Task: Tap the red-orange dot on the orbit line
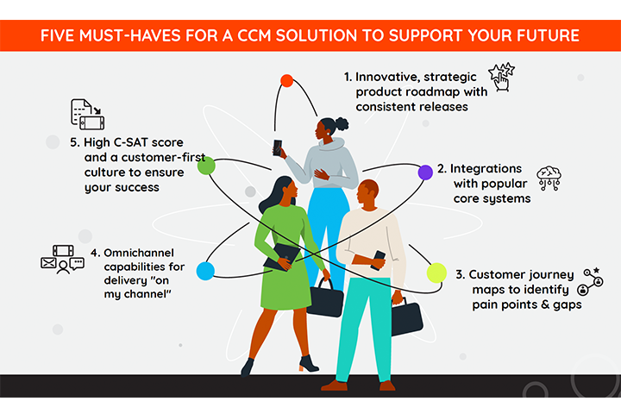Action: pos(286,81)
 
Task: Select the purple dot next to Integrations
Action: pos(424,172)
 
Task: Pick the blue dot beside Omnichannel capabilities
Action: pos(205,272)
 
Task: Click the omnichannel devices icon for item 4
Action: pos(61,259)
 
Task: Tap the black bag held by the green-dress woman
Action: pos(325,297)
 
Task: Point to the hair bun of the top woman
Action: pos(342,123)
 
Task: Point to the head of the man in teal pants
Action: pos(367,192)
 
